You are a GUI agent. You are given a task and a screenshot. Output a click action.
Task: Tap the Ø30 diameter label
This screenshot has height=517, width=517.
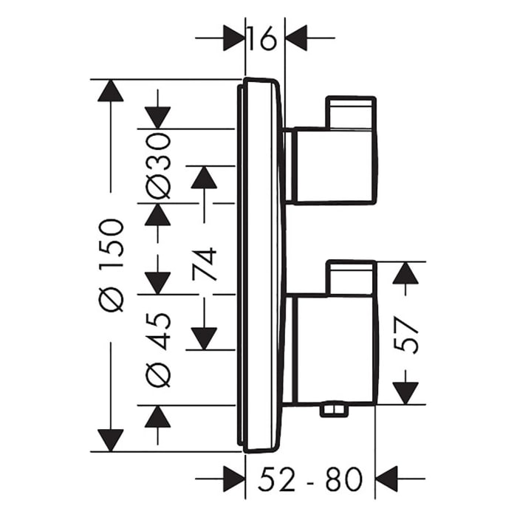coord(157,165)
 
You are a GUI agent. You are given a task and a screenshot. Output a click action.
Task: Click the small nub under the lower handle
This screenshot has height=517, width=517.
coord(336,410)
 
